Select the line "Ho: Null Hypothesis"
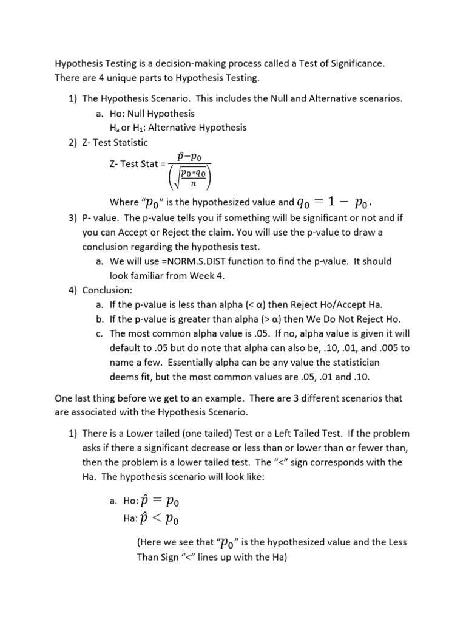(x=152, y=114)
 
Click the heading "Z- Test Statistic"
(x=115, y=142)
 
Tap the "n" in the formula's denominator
(x=192, y=182)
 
